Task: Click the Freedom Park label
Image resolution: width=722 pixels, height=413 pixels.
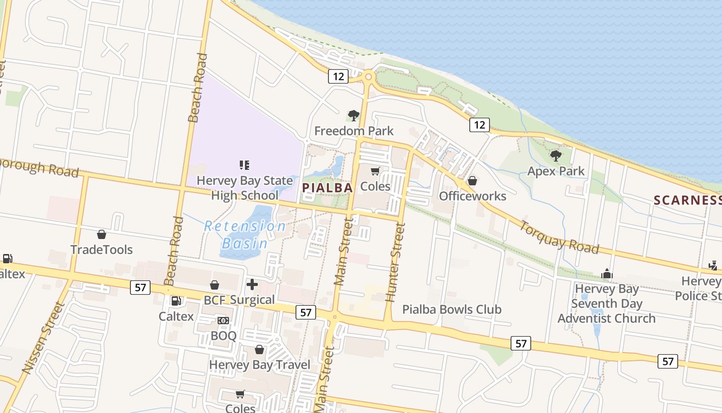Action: click(x=354, y=131)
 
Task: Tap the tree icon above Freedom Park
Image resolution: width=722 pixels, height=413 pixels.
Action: click(x=353, y=115)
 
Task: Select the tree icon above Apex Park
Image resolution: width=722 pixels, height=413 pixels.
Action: click(x=555, y=155)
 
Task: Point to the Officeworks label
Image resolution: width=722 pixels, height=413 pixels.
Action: click(x=472, y=196)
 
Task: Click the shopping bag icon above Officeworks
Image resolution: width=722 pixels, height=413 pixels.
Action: click(x=472, y=181)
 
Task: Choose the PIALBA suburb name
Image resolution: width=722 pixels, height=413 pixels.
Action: click(x=327, y=187)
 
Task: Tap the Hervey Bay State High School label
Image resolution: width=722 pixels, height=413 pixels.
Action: click(x=244, y=188)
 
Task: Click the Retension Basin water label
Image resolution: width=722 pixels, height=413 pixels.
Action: click(x=245, y=234)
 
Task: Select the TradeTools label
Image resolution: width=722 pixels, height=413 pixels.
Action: click(x=102, y=249)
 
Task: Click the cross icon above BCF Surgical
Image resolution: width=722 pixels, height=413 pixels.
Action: click(x=252, y=284)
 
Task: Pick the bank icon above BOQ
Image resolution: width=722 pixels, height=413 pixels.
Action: click(x=223, y=321)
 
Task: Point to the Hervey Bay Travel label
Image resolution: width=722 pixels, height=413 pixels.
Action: click(x=259, y=364)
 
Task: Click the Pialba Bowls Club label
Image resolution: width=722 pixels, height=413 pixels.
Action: click(x=452, y=309)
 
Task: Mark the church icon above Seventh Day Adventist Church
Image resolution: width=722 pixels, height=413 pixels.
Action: click(x=607, y=274)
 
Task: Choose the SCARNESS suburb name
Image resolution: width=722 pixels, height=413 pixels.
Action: click(x=687, y=200)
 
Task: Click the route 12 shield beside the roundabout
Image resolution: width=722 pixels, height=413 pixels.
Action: click(x=338, y=76)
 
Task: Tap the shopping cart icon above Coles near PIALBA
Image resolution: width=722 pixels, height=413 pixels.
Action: click(x=375, y=171)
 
